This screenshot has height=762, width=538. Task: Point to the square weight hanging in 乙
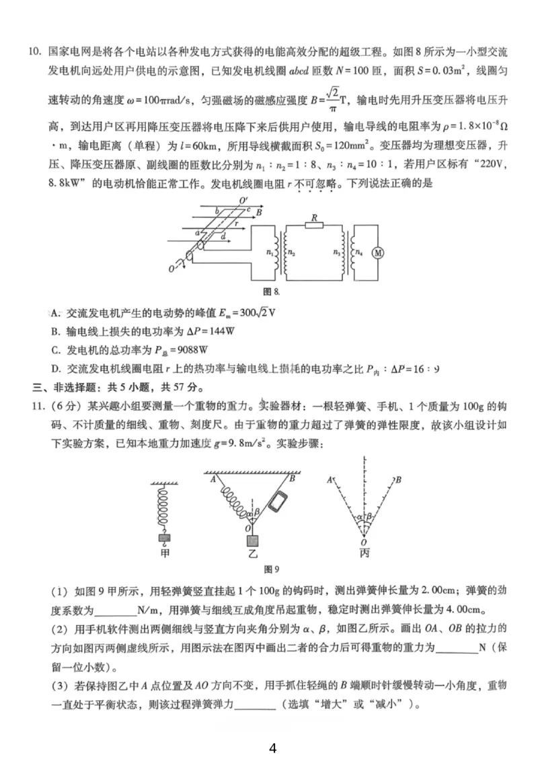coord(252,541)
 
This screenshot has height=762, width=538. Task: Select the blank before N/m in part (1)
coord(115,611)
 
